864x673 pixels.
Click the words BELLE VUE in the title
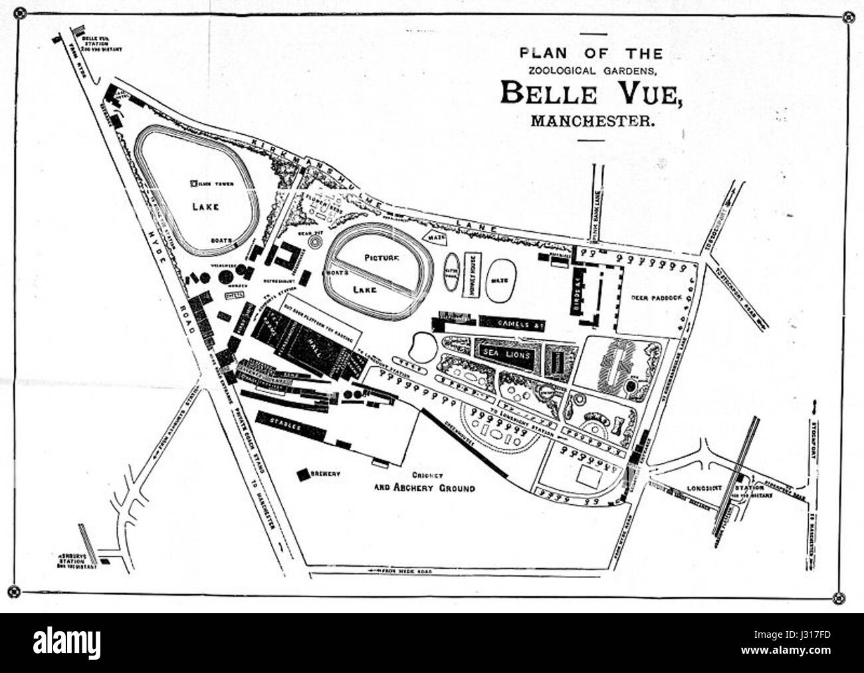pyautogui.click(x=591, y=92)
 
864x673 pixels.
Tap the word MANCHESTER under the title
pyautogui.click(x=591, y=121)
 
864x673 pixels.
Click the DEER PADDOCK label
pyautogui.click(x=654, y=298)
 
